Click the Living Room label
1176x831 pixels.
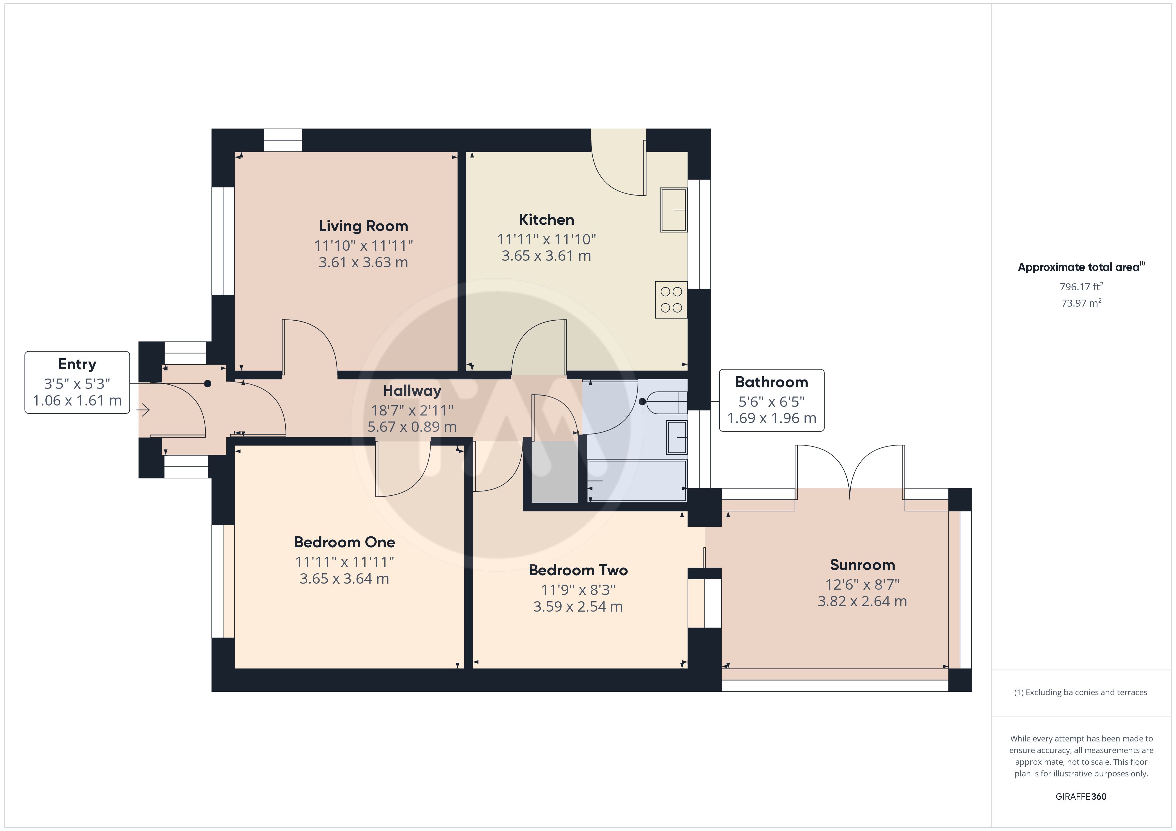tap(363, 226)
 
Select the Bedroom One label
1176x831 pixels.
tap(344, 542)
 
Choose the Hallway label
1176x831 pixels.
tap(412, 391)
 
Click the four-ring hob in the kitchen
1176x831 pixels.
tap(671, 300)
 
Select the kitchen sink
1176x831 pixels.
tap(674, 210)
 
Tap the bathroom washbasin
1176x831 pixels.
tap(677, 437)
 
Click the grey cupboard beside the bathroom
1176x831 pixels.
tap(555, 472)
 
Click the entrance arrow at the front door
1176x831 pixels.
tap(143, 410)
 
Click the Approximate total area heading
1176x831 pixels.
tap(1081, 267)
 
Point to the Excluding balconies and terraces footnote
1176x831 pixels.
tap(1081, 692)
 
